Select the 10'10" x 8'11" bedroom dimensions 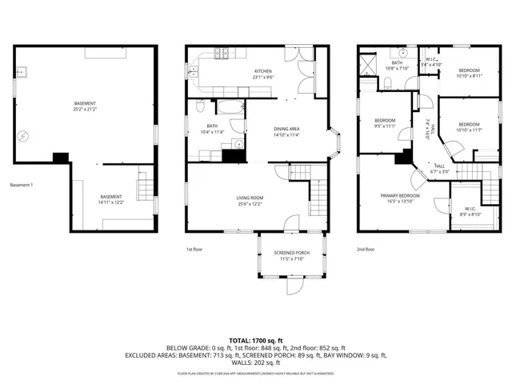click(x=470, y=77)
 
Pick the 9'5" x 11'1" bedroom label click(x=385, y=125)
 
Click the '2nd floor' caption click(x=366, y=250)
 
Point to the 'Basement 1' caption click(x=22, y=186)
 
